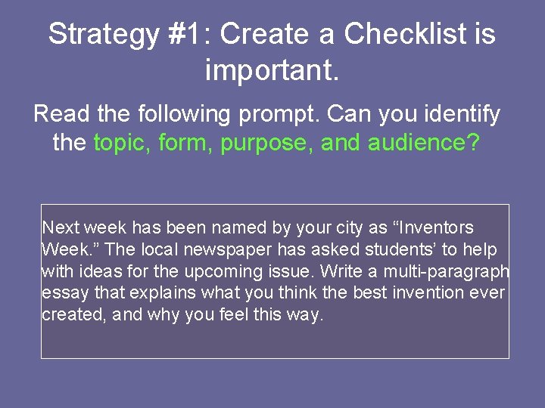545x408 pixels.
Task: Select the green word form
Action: click(186, 142)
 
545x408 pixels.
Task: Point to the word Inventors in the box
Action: click(436, 227)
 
